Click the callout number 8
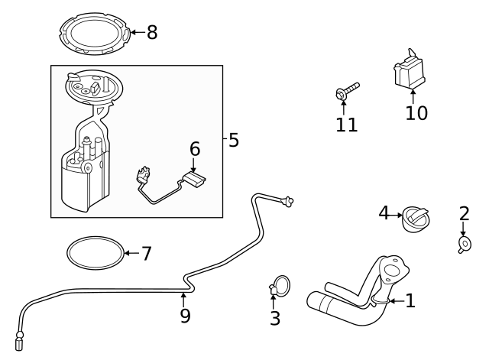click(152, 33)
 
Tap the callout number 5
click(234, 140)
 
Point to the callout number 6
click(195, 149)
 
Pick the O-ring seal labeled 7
click(95, 252)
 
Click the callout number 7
click(147, 254)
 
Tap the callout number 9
click(185, 314)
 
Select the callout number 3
click(275, 319)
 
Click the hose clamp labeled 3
click(280, 287)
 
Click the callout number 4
click(384, 212)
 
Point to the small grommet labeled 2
click(464, 244)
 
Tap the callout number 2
click(464, 213)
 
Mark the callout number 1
click(410, 300)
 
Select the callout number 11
click(347, 125)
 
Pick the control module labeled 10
click(410, 70)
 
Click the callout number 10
click(416, 113)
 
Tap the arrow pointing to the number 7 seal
click(131, 253)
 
